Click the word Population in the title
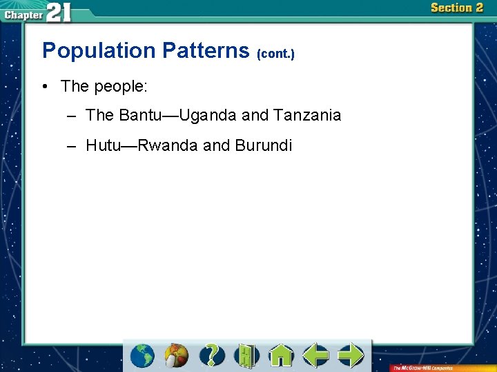click(x=99, y=50)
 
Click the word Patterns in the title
click(x=206, y=50)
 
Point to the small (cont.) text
click(x=275, y=53)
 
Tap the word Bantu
click(x=142, y=116)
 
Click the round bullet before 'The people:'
click(x=44, y=86)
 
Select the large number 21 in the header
click(x=58, y=12)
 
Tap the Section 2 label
click(x=456, y=8)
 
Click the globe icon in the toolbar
click(x=143, y=355)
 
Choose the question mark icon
click(x=213, y=355)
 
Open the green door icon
click(x=246, y=355)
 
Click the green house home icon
click(x=281, y=355)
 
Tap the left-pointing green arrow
click(x=315, y=355)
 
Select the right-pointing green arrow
click(x=351, y=355)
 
